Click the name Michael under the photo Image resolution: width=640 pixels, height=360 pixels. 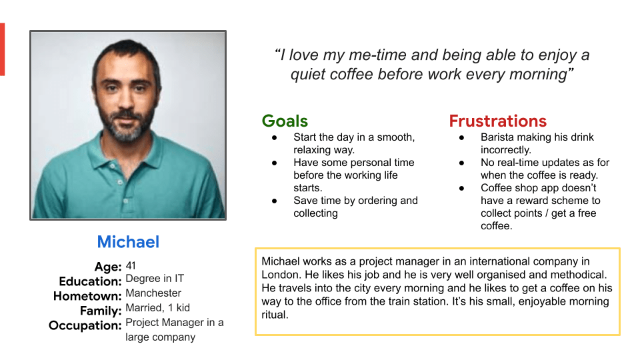point(128,242)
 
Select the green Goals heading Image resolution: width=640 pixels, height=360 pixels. point(285,121)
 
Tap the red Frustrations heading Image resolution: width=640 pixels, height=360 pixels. point(497,121)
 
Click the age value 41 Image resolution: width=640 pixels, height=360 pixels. point(131,266)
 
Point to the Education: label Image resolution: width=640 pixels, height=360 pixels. point(90,281)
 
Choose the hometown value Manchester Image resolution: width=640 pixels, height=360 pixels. point(153,293)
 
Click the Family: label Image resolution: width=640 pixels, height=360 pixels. point(101,311)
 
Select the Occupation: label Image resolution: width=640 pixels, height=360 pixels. point(85,326)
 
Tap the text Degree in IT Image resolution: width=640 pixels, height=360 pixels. point(155,279)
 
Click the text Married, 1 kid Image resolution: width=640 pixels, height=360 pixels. point(157,308)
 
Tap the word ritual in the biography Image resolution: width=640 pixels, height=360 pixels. point(275,315)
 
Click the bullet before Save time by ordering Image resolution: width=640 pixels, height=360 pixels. point(274,201)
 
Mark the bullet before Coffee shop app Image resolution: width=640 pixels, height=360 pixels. point(461,188)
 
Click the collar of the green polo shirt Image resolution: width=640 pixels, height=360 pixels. point(127,157)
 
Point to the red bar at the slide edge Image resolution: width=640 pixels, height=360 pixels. point(2,49)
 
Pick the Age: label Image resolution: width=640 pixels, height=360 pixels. point(108,267)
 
